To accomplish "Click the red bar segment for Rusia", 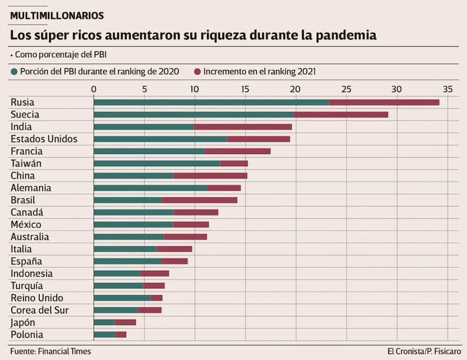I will [x=384, y=102].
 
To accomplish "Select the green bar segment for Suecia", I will [x=194, y=114].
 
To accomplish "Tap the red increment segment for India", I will [x=243, y=127].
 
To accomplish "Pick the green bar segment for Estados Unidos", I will [x=161, y=139].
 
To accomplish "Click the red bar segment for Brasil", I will [x=200, y=200].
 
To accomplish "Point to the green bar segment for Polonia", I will [x=105, y=334].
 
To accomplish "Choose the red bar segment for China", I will [x=210, y=176].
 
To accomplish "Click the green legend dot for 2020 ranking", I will [x=15, y=72].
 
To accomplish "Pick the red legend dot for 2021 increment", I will [x=198, y=72].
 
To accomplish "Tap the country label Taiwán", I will [x=26, y=163].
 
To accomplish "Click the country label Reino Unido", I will [x=37, y=298].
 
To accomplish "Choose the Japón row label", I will [x=23, y=322].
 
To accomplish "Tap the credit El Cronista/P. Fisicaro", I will [x=424, y=351].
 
